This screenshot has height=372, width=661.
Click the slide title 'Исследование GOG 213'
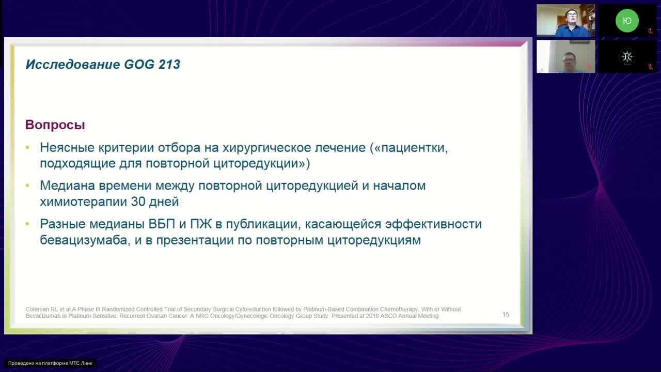103,65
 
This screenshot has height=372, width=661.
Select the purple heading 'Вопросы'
55,125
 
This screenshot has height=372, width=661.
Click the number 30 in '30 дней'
138,202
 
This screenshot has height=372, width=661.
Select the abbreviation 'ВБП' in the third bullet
162,224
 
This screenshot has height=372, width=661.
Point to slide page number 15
506,315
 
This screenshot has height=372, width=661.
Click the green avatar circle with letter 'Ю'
627,21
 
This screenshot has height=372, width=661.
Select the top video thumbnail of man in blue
565,21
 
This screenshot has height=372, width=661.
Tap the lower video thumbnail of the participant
565,56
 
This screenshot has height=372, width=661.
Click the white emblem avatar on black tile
627,56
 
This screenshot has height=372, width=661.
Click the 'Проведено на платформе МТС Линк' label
50,363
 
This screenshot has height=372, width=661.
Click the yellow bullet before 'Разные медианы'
28,224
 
